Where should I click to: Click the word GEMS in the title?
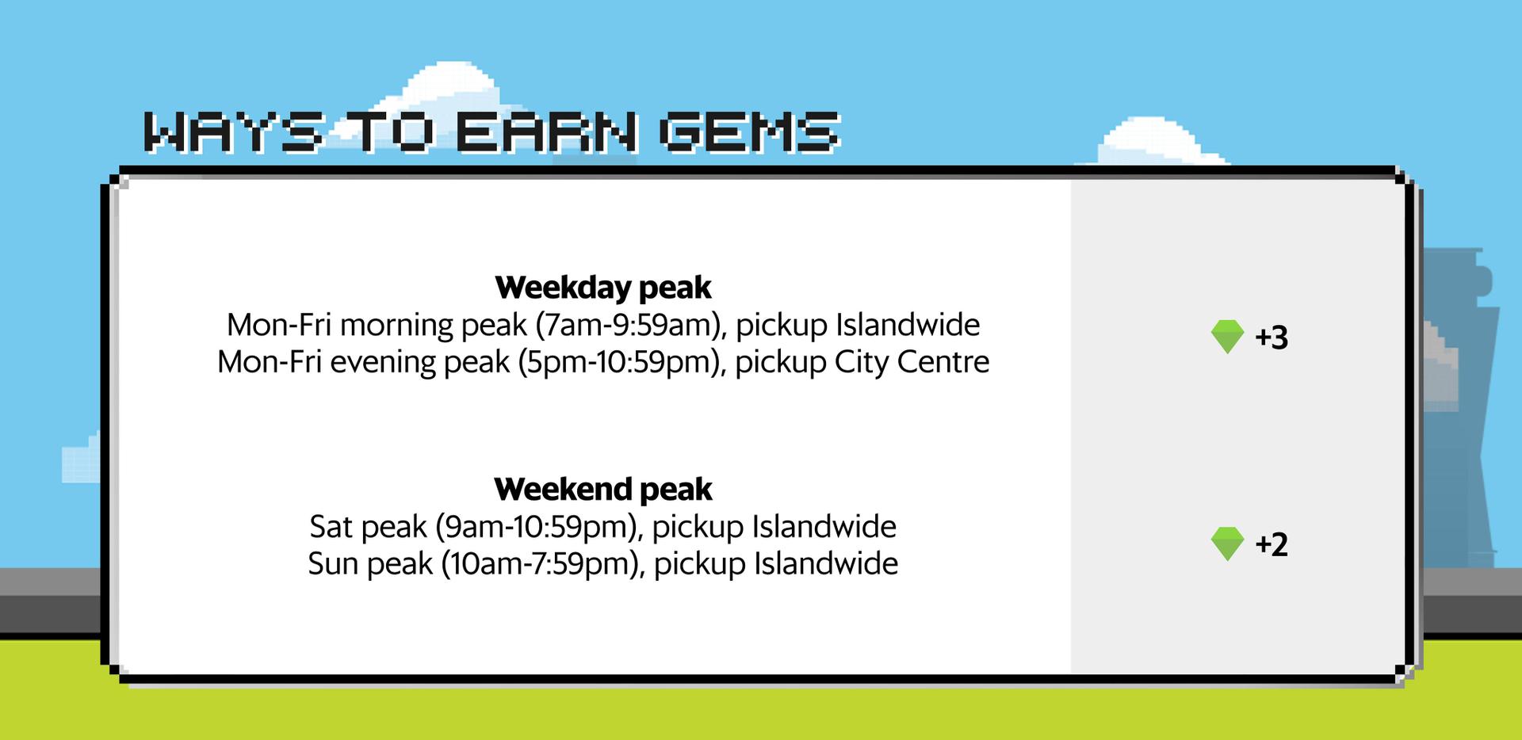coord(749,132)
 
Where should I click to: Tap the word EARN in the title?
coord(545,132)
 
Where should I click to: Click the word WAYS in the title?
coord(235,132)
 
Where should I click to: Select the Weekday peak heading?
coord(603,287)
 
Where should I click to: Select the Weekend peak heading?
coord(603,489)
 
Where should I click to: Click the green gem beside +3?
coord(1227,337)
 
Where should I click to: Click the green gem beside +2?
coord(1227,544)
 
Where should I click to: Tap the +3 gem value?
coord(1272,338)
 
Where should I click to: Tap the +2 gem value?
coord(1272,544)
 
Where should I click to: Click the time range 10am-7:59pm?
coord(540,564)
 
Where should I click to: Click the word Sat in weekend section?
coord(327,527)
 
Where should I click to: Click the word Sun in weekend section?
coord(328,564)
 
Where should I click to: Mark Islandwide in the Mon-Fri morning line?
coord(908,325)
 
